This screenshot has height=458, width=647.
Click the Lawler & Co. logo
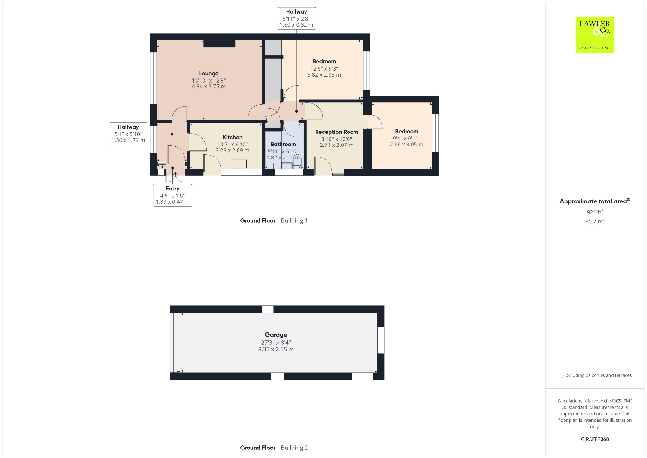(x=595, y=35)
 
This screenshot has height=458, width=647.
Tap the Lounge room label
(x=209, y=73)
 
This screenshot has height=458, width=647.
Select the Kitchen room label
(x=233, y=137)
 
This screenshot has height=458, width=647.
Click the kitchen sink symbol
(x=239, y=164)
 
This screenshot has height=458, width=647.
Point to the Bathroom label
(x=283, y=144)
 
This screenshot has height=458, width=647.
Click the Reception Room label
(x=336, y=132)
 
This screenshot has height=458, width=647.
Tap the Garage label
(x=276, y=335)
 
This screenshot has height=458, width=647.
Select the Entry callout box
(x=172, y=195)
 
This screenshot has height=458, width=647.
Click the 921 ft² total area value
(x=595, y=212)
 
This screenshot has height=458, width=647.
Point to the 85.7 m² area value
(x=595, y=221)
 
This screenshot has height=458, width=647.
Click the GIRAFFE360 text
(x=595, y=439)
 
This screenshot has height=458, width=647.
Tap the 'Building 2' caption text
(x=294, y=448)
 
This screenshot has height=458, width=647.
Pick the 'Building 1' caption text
(x=294, y=220)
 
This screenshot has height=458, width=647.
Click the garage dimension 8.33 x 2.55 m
(x=276, y=349)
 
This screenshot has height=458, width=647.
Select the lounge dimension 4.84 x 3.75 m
(x=209, y=86)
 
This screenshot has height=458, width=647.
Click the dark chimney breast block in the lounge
(x=219, y=43)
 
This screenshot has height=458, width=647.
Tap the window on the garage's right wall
(x=381, y=340)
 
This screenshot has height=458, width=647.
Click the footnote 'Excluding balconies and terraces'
(x=598, y=375)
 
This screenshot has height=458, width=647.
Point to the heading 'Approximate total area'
(x=593, y=201)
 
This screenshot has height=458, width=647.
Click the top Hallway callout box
(x=296, y=18)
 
